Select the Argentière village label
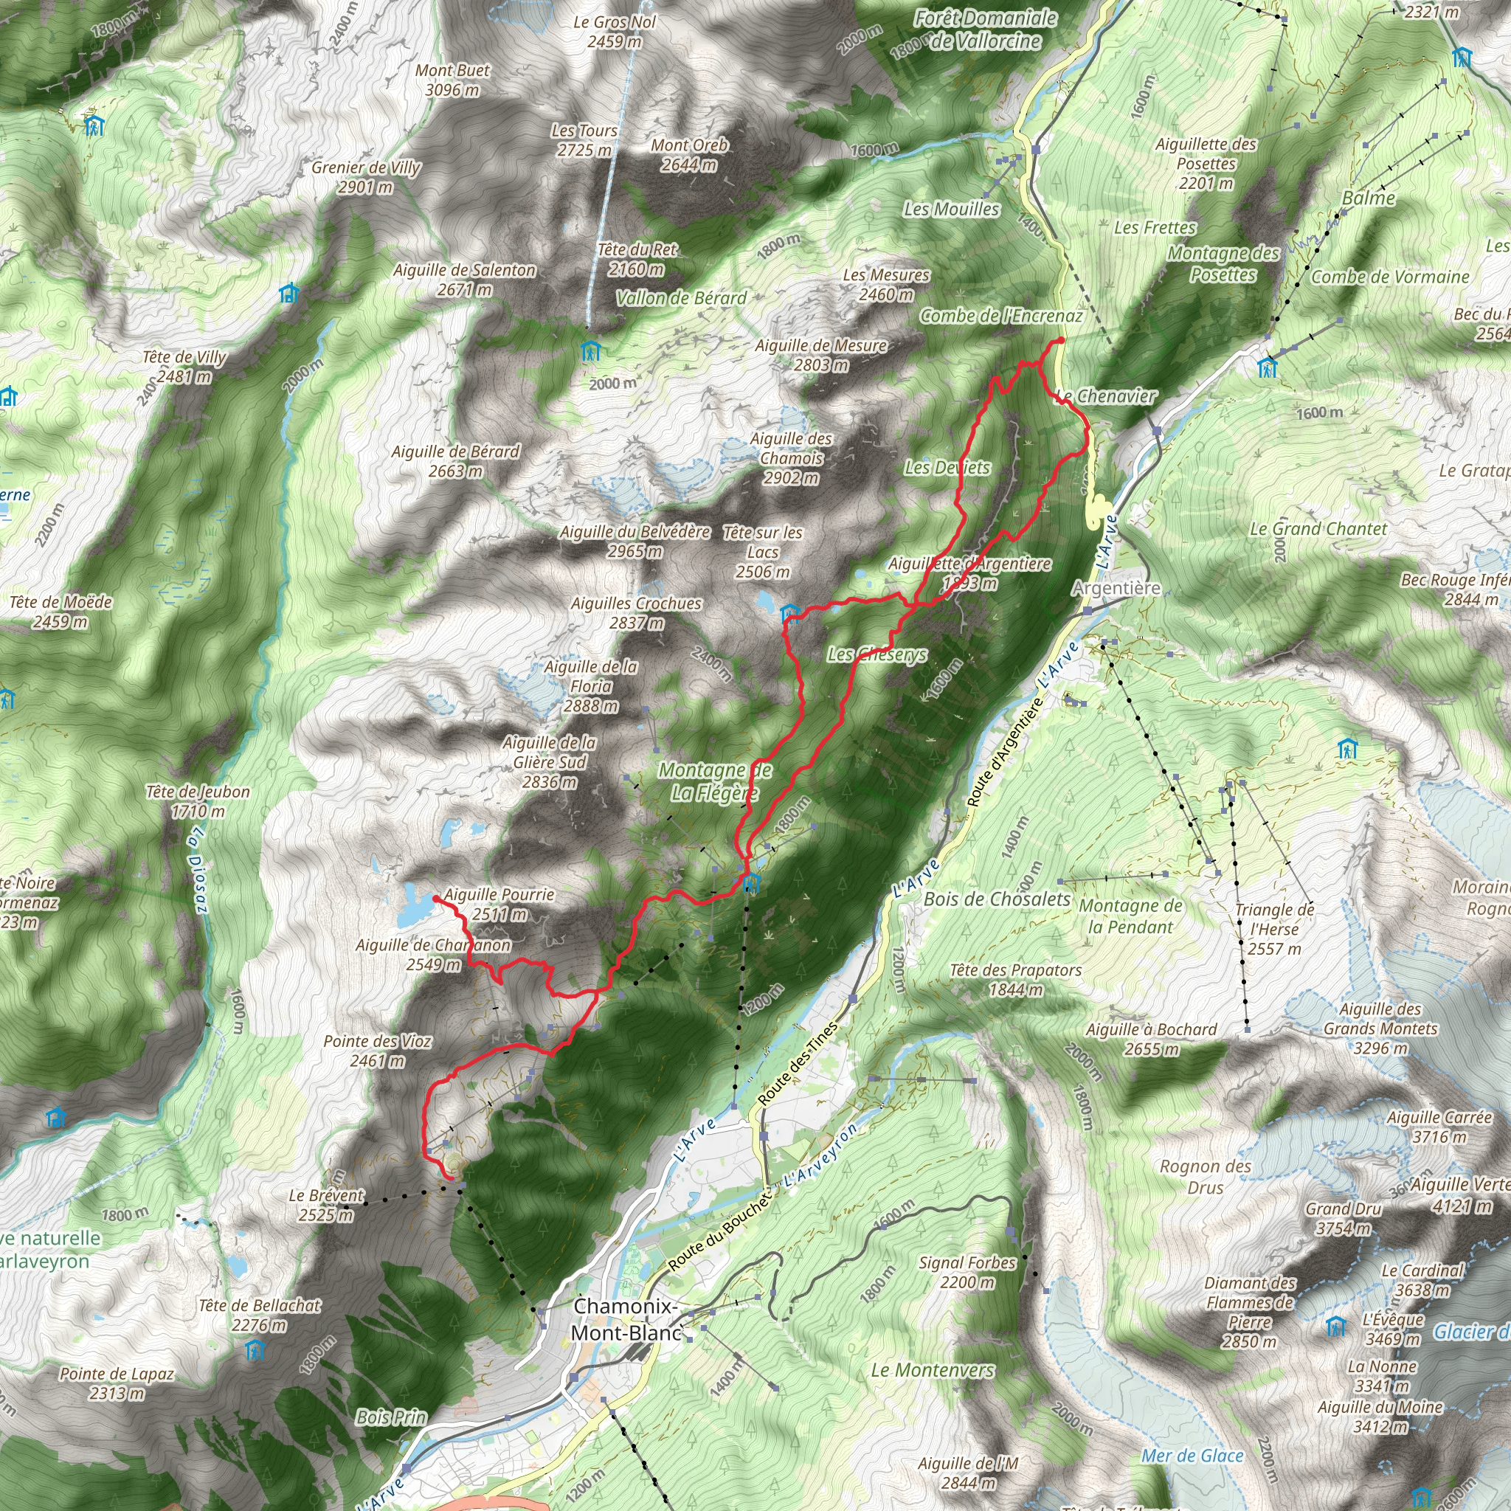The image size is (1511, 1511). [1116, 588]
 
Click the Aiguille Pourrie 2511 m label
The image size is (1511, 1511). [499, 904]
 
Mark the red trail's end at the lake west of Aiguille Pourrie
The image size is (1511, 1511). [435, 899]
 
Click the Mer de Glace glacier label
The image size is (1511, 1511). [1192, 1456]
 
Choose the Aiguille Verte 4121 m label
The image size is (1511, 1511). [1460, 1195]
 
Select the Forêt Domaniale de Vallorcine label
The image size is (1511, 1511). [986, 30]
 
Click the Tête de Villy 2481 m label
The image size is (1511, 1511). [184, 367]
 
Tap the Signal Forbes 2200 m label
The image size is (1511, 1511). [967, 1272]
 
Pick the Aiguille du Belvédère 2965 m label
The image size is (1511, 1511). [635, 542]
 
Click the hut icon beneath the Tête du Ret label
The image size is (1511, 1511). [590, 351]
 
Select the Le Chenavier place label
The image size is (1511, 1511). [1105, 396]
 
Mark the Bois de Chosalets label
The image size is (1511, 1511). [996, 899]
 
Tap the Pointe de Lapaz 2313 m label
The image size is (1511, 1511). [117, 1383]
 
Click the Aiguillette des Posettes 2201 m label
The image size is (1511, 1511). [1206, 164]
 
